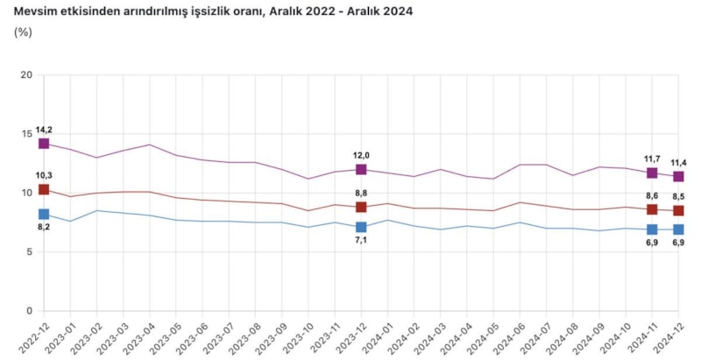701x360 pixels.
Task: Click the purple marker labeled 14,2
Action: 44,143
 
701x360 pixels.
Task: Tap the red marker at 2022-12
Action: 44,189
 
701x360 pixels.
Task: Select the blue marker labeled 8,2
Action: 44,214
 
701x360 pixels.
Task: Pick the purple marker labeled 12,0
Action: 361,169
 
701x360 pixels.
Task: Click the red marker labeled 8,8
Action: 361,207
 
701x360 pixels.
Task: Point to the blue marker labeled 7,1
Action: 361,227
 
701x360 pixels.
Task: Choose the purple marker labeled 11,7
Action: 652,173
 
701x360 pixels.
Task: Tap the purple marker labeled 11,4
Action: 678,176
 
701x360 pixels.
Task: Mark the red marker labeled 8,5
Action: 678,210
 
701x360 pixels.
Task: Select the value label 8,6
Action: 652,196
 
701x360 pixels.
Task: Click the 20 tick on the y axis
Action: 26,75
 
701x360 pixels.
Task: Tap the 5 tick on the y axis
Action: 29,252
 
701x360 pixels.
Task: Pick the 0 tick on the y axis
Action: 29,311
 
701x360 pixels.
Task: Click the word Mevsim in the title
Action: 34,11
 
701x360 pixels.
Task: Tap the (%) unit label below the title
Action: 24,32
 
